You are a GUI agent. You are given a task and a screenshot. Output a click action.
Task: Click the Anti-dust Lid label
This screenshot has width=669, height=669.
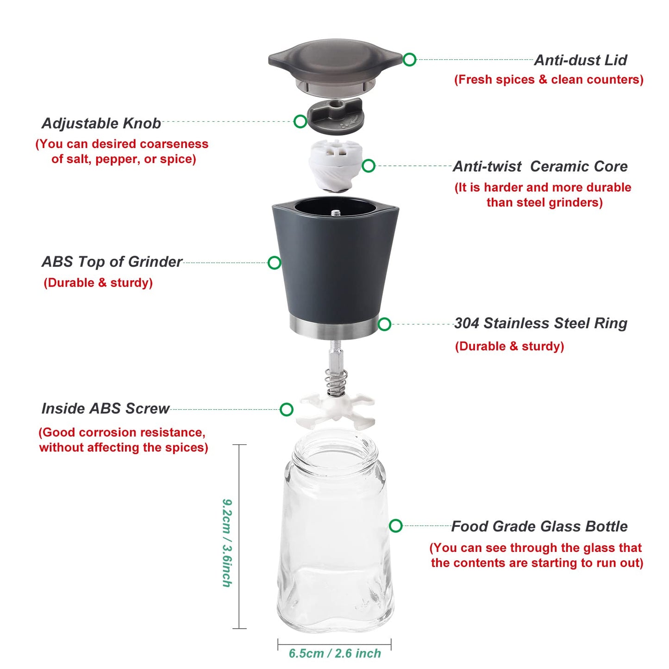(x=580, y=60)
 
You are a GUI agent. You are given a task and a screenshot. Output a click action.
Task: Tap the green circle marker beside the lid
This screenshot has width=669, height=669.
(x=409, y=59)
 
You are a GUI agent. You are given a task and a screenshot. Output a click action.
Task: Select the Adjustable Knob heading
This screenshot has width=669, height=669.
(x=101, y=123)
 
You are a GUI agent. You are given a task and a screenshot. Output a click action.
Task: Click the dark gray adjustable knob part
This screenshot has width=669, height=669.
(x=336, y=116)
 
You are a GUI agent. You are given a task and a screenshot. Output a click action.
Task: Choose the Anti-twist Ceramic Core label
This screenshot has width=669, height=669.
(x=540, y=166)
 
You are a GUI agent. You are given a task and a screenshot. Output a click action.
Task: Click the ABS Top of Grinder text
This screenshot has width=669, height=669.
(x=112, y=262)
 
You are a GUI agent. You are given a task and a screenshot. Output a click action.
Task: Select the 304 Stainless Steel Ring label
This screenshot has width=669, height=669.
(x=540, y=323)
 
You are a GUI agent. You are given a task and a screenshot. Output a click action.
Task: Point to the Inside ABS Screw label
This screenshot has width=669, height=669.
(x=106, y=408)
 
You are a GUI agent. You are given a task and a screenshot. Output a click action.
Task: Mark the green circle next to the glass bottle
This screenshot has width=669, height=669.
(x=396, y=525)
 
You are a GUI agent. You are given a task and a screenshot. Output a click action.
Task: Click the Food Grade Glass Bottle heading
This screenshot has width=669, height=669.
(x=539, y=526)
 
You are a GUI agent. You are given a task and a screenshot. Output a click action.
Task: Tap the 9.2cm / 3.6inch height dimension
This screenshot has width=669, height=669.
(x=227, y=543)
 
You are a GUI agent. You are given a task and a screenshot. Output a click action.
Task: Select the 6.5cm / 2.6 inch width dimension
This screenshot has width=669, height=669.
(x=335, y=653)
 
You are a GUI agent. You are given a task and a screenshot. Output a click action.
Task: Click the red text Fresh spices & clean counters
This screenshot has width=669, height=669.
(x=549, y=80)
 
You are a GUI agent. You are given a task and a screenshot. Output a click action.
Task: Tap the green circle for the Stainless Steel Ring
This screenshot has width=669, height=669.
(x=384, y=324)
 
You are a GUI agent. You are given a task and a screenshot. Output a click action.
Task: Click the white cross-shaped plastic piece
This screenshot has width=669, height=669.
(x=336, y=409)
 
